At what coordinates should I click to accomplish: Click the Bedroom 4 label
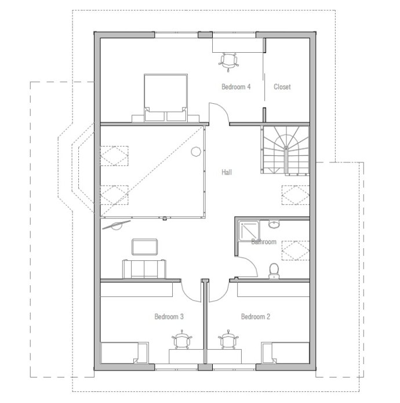click(x=236, y=86)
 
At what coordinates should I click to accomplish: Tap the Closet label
click(x=282, y=86)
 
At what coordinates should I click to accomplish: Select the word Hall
click(x=227, y=172)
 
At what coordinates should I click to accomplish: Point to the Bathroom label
click(x=264, y=242)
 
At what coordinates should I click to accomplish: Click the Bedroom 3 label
click(x=169, y=317)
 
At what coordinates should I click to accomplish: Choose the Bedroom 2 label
click(x=256, y=317)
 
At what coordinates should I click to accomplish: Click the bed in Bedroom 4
click(x=166, y=97)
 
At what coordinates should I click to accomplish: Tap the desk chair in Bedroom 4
click(x=228, y=62)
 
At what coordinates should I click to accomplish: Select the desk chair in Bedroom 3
click(x=183, y=340)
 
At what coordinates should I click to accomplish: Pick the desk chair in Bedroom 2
click(x=228, y=340)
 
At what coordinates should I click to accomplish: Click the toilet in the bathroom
click(x=274, y=271)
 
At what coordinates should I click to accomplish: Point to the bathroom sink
click(x=274, y=224)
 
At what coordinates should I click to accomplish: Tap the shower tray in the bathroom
click(x=249, y=231)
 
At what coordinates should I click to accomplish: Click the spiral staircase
click(x=286, y=150)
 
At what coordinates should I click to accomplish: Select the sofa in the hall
click(x=144, y=269)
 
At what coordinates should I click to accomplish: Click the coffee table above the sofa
click(x=144, y=247)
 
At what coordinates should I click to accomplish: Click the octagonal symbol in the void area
click(x=196, y=151)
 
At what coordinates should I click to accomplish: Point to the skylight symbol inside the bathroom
click(x=296, y=250)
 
